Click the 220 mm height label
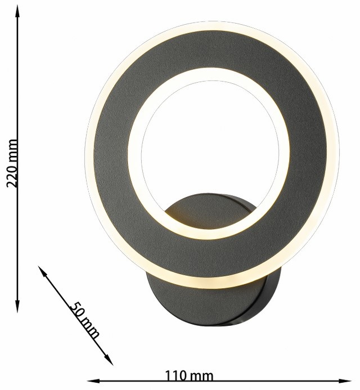(x=12, y=163)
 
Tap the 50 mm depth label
(x=84, y=320)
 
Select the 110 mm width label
(x=189, y=376)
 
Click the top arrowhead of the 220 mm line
(x=17, y=11)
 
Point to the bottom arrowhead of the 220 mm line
(x=17, y=306)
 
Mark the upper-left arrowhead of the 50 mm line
(x=43, y=271)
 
